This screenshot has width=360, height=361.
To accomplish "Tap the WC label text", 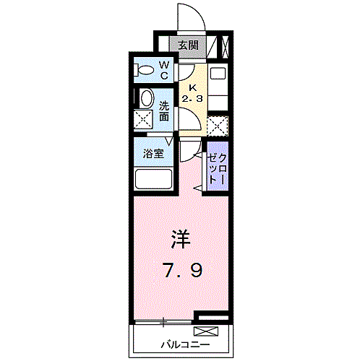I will pyautogui.click(x=164, y=70).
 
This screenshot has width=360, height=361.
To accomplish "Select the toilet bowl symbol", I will pyautogui.click(x=145, y=71).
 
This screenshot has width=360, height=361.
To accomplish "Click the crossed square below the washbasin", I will pyautogui.click(x=145, y=121).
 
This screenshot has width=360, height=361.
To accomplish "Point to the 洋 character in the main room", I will pyautogui.click(x=180, y=238).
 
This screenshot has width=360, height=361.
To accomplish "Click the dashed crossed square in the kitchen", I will pyautogui.click(x=217, y=126).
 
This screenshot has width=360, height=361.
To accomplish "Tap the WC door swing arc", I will pyautogui.click(x=186, y=71).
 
